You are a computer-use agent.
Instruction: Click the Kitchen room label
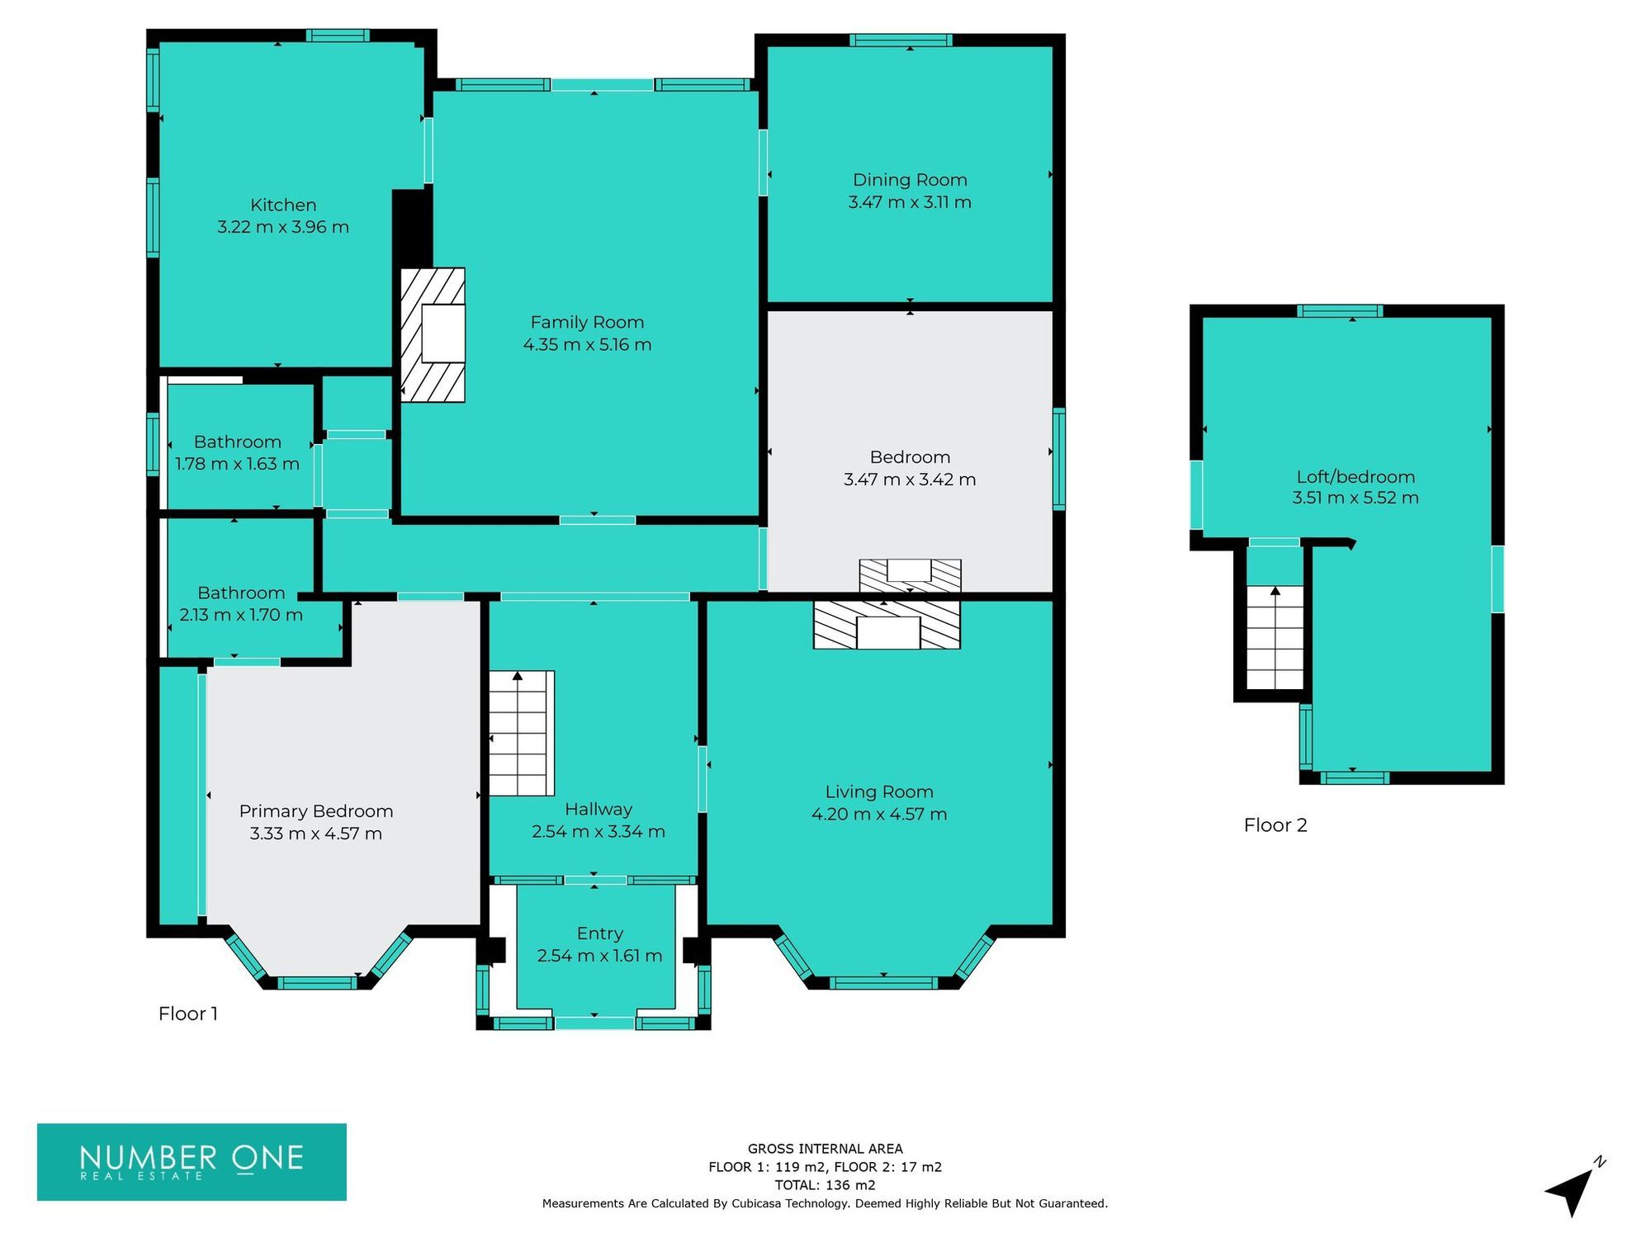point(283,205)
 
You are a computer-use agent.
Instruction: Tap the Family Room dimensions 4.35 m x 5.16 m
point(587,345)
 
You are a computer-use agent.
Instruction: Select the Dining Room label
point(910,180)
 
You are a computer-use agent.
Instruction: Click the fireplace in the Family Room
point(433,335)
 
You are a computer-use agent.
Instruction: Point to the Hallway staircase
point(521,733)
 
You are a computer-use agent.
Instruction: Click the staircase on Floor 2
point(1275,637)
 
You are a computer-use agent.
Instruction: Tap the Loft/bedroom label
point(1355,477)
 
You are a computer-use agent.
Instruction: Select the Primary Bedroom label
point(316,811)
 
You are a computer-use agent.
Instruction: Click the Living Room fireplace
point(887,625)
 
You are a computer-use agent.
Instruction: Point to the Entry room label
point(599,933)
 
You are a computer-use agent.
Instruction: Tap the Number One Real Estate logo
point(192,1161)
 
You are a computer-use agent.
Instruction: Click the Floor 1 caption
point(188,1014)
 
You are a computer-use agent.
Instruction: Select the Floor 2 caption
point(1275,825)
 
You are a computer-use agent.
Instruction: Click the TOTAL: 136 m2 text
point(825,1185)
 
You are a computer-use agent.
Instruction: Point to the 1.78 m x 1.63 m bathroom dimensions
point(237,464)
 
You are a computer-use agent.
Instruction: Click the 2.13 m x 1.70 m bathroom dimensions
point(241,615)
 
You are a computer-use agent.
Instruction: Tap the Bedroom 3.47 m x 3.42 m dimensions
point(910,480)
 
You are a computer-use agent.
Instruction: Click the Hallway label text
point(598,810)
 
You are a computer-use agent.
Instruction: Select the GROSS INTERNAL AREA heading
point(825,1149)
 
